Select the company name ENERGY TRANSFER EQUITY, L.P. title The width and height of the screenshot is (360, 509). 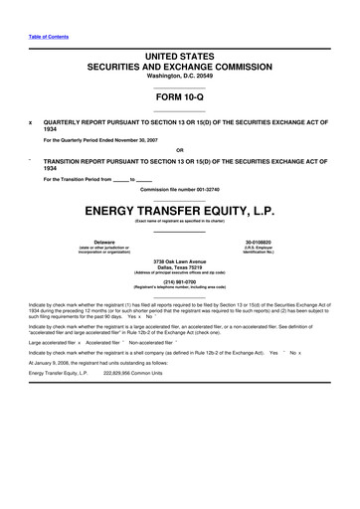(x=179, y=209)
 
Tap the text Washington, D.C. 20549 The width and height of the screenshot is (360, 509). (x=179, y=76)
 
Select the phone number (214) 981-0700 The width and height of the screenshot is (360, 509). (x=179, y=279)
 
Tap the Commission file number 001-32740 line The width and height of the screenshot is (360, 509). (x=179, y=189)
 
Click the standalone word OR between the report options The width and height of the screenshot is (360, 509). (x=179, y=152)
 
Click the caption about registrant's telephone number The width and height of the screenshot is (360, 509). (x=179, y=286)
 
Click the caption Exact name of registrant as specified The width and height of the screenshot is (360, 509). (x=179, y=220)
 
